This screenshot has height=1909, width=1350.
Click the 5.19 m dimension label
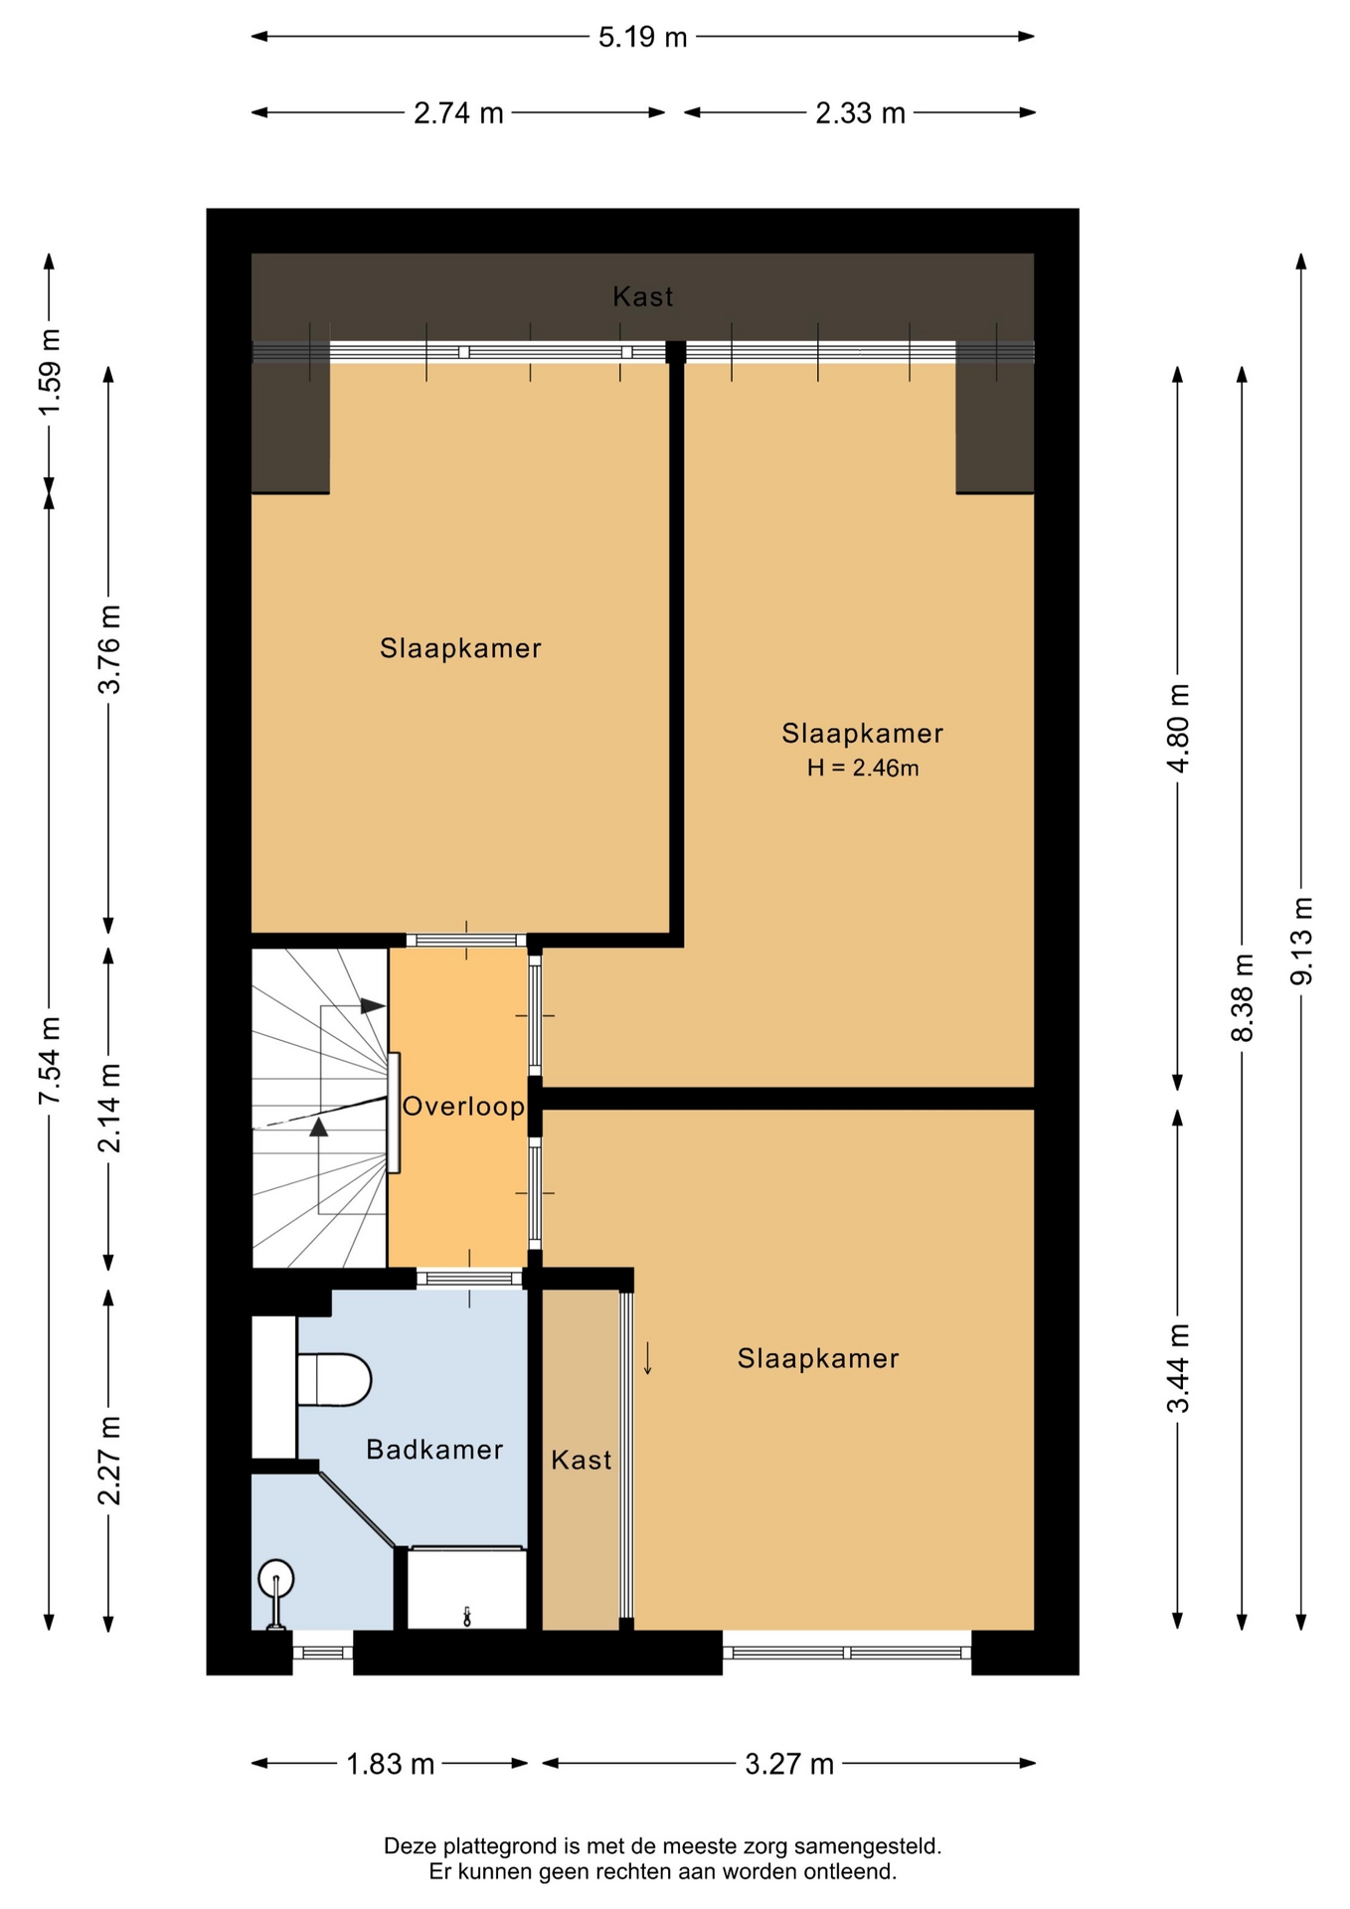pos(642,38)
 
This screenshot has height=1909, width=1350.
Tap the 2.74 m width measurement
pos(458,113)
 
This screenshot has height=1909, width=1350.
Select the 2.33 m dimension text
pos(860,113)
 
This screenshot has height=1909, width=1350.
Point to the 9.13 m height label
pos(1301,941)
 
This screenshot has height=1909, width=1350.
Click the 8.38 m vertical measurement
pos(1242,997)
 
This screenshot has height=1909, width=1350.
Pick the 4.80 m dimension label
pos(1178,729)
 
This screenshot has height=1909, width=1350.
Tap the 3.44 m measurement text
pos(1178,1368)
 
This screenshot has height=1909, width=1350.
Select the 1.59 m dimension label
pos(50,372)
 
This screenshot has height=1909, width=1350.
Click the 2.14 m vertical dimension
pos(109,1108)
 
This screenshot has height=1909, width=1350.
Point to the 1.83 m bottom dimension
pos(390,1764)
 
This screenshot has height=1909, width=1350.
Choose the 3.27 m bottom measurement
pos(789,1764)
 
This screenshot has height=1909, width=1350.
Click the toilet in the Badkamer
pos(334,1379)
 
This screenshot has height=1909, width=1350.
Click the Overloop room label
pos(463,1106)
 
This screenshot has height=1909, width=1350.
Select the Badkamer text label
pos(434,1450)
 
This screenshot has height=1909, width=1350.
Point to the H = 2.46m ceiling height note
pos(862,768)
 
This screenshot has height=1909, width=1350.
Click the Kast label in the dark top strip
pos(642,296)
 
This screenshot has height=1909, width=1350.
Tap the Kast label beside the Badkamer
pos(582,1460)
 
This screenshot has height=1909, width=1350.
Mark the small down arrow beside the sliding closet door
pos(648,1358)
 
